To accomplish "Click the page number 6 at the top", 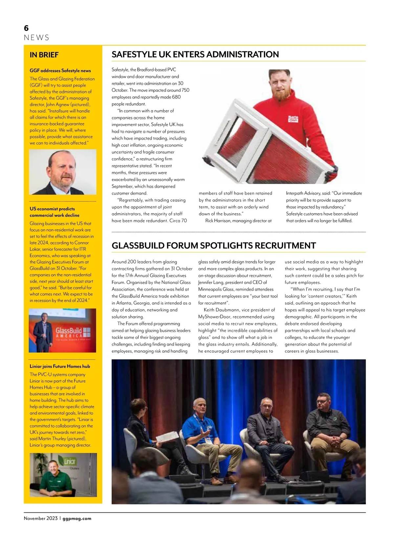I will (26, 28).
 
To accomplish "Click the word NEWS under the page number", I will (36, 37).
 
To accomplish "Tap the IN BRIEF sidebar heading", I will (44, 55).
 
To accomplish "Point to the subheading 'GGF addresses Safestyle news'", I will (60, 70).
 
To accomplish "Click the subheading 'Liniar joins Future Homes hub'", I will (60, 366).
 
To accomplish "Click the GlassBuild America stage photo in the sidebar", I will (62, 330).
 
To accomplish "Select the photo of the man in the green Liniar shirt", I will (63, 475).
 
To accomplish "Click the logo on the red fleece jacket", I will (293, 119).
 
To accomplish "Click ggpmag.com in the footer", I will (77, 518).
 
